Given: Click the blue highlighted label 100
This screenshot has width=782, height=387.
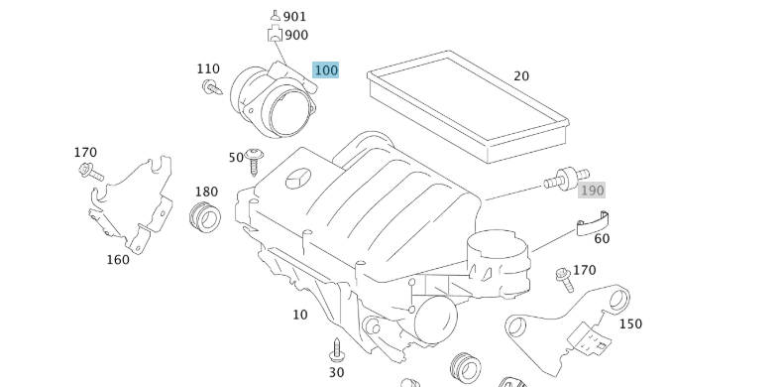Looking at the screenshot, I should [x=325, y=69].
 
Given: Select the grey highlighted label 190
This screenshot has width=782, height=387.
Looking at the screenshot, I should [x=592, y=190].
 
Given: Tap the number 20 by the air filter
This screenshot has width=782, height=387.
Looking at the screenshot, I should [x=521, y=76].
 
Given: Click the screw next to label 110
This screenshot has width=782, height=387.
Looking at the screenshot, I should [x=211, y=89].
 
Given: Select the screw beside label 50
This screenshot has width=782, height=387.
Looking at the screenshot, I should [x=256, y=158].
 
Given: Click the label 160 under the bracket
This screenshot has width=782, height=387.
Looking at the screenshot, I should [x=118, y=260].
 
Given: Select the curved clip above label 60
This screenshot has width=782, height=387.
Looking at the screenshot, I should [x=593, y=225].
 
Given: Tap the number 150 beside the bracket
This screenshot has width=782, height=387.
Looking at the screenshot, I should [x=629, y=323].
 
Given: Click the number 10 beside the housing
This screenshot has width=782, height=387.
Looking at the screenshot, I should [x=299, y=315].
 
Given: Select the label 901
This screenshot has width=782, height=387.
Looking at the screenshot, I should [x=294, y=17].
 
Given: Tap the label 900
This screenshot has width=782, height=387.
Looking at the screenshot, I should [x=295, y=35].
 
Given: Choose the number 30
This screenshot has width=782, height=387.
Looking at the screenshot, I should [x=336, y=372].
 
